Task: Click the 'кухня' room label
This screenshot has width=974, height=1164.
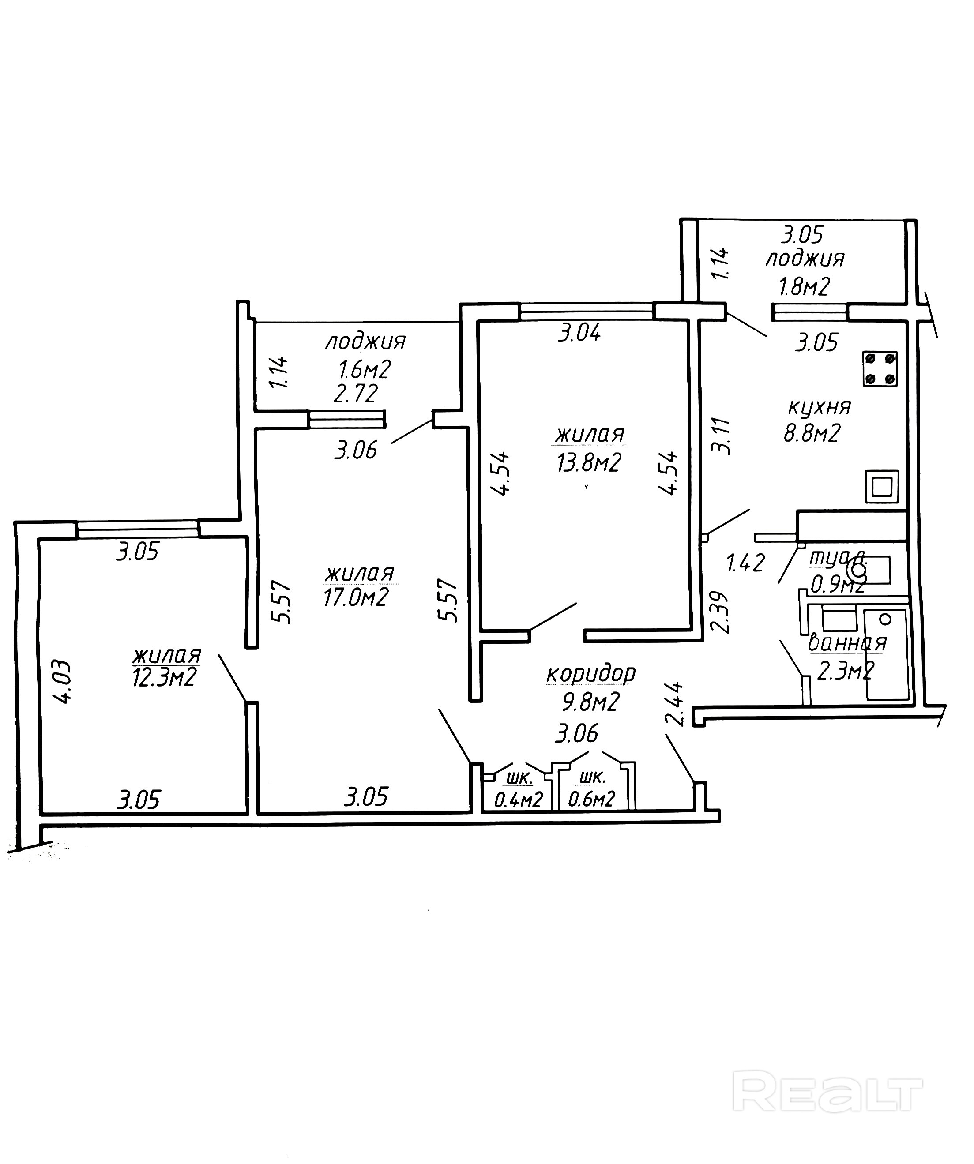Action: [x=819, y=407]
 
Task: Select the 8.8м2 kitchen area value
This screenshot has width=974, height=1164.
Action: [x=812, y=433]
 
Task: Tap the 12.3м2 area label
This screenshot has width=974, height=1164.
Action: [x=164, y=677]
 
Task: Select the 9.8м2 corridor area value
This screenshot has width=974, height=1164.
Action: [x=590, y=702]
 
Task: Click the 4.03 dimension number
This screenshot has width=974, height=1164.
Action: [x=64, y=681]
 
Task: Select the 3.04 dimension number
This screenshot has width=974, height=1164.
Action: [x=579, y=333]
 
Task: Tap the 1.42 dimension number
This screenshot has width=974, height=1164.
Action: [x=745, y=563]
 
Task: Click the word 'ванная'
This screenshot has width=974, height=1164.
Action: [x=847, y=643]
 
